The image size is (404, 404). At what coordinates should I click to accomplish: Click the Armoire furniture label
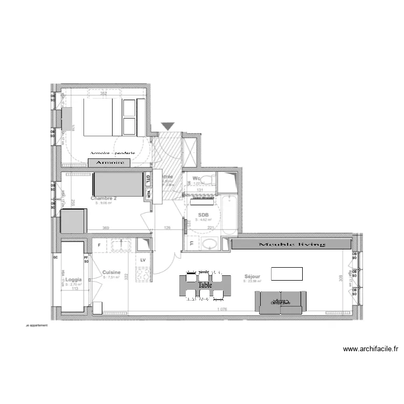pyautogui.click(x=109, y=162)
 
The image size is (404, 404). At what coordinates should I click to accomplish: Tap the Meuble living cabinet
pyautogui.click(x=292, y=245)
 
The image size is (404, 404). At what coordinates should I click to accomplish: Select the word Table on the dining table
pyautogui.click(x=204, y=285)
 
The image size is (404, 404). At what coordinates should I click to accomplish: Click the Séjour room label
pyautogui.click(x=252, y=276)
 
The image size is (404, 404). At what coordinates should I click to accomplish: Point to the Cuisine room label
pyautogui.click(x=112, y=273)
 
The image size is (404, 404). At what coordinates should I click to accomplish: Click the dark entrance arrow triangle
pyautogui.click(x=169, y=126)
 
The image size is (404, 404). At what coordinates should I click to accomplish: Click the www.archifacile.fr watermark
pyautogui.click(x=371, y=349)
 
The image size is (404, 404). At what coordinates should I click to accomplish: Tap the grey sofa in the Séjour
pyautogui.click(x=282, y=302)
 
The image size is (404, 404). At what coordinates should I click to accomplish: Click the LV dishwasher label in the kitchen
pyautogui.click(x=143, y=260)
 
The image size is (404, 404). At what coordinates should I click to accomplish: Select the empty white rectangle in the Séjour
pyautogui.click(x=287, y=274)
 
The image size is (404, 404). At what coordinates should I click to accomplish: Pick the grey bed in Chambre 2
pyautogui.click(x=119, y=184)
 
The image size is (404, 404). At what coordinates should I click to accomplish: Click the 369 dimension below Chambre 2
pyautogui.click(x=106, y=228)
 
